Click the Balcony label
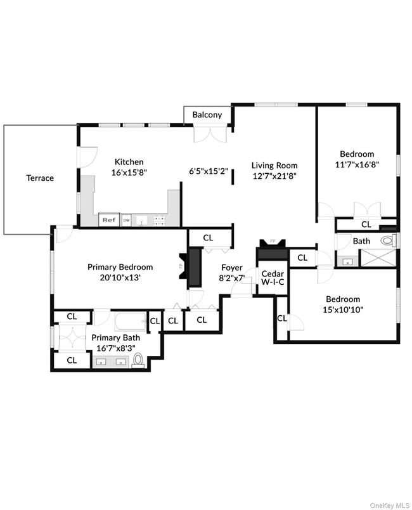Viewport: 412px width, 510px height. pos(207,115)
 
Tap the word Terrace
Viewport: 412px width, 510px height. pos(40,178)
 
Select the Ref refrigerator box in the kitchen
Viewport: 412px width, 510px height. pos(108,219)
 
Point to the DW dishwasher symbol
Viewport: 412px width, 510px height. pos(126,220)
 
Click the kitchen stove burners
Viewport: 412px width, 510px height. pos(160,220)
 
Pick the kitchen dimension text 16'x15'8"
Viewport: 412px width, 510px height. pos(129,173)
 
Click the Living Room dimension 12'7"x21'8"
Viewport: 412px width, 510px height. pos(274,176)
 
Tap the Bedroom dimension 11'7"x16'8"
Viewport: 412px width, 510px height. pos(357,164)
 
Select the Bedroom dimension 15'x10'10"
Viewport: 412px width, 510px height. pos(343,310)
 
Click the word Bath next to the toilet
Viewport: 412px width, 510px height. pos(361,241)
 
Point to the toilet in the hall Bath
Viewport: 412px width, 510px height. pos(389,241)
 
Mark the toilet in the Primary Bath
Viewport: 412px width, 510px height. pos(138,360)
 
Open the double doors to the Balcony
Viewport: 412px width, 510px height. pos(210,134)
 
